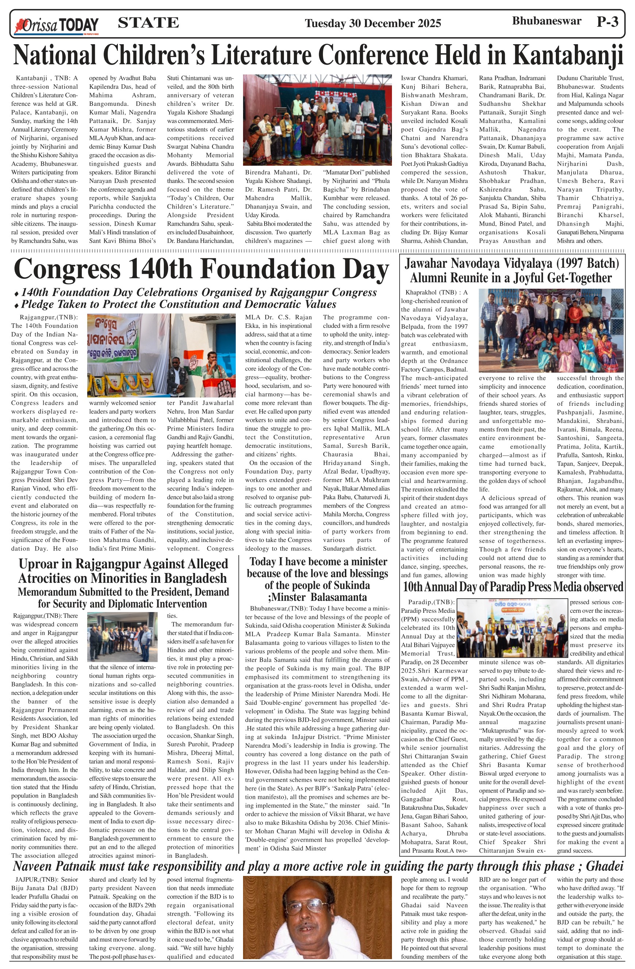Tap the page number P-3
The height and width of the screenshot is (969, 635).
[x=607, y=22]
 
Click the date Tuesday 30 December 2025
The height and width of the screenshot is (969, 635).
[x=373, y=23]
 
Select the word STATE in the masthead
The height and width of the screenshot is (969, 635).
[x=148, y=22]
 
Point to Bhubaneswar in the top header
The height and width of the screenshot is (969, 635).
[x=546, y=21]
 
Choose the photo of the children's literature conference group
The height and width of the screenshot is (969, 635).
[x=317, y=120]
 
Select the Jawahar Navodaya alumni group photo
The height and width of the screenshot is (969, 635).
[x=551, y=330]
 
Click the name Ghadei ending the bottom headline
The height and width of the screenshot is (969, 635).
[x=604, y=866]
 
